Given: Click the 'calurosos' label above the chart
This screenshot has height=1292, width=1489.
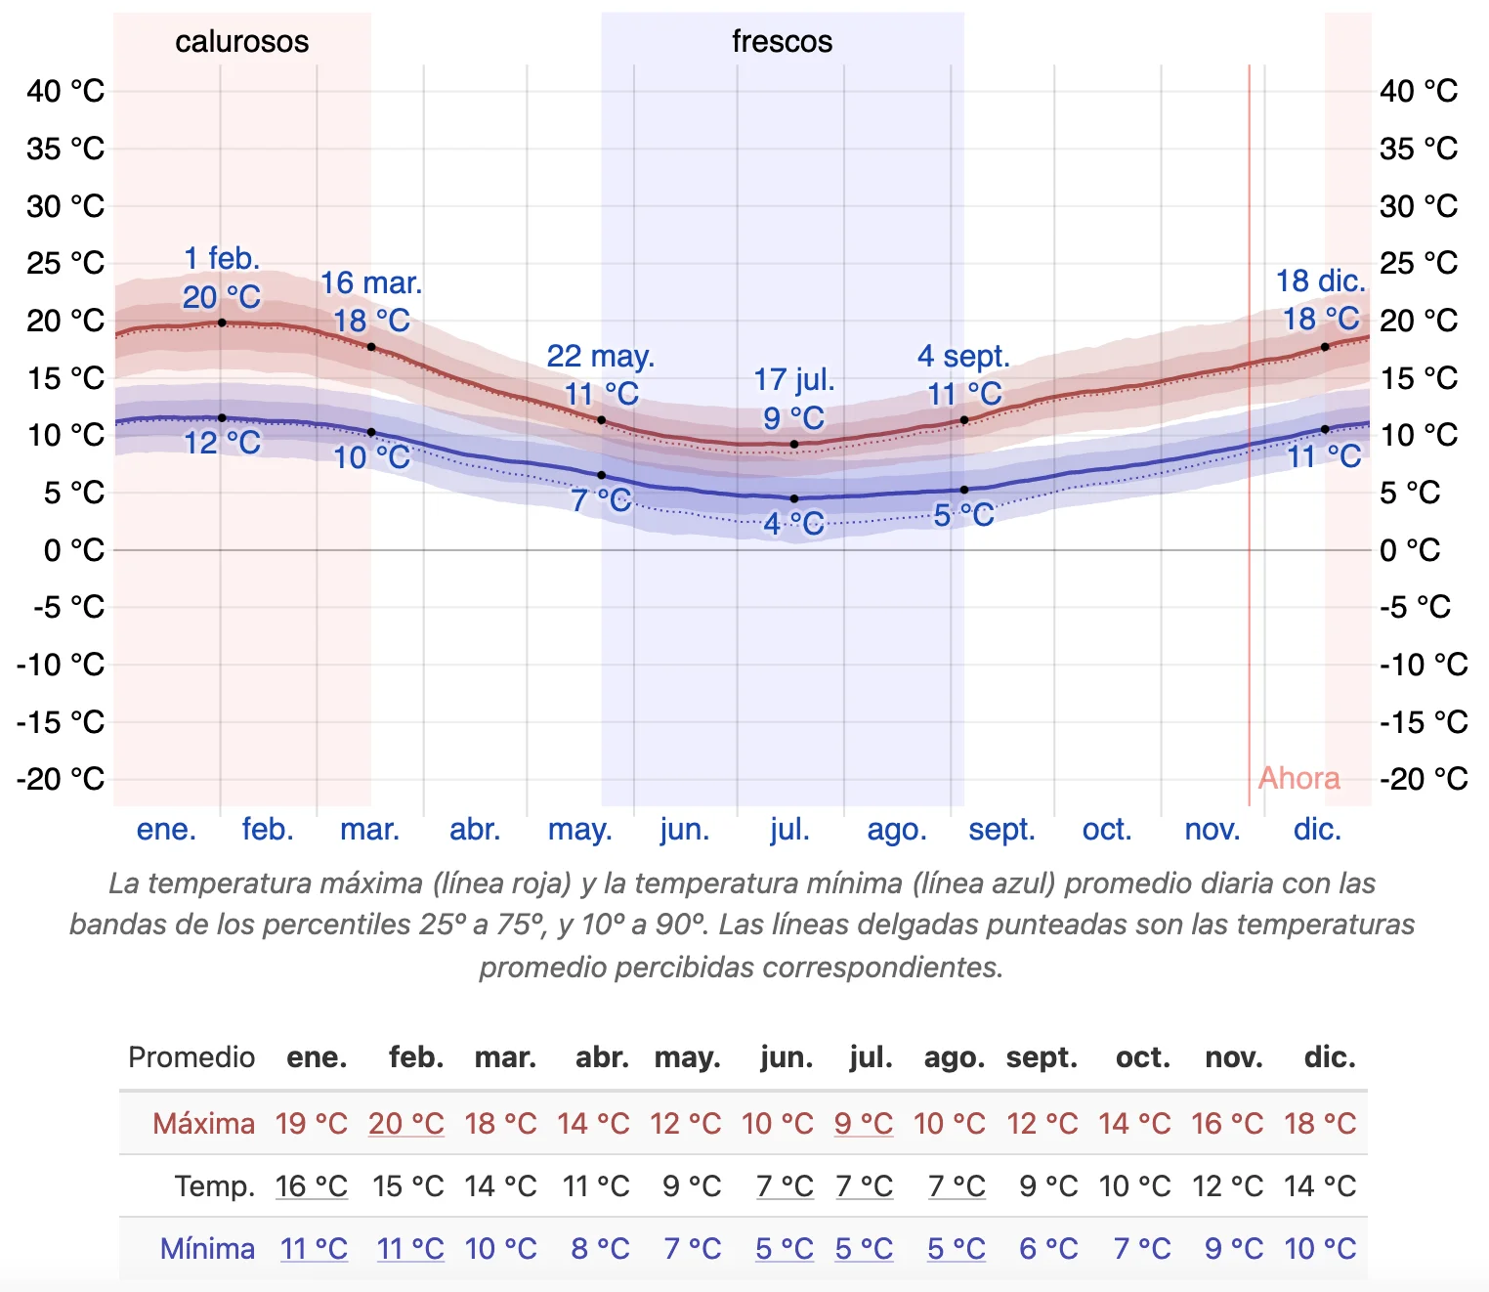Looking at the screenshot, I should pyautogui.click(x=241, y=41).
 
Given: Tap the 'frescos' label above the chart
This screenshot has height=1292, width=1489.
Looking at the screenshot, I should pyautogui.click(x=782, y=41).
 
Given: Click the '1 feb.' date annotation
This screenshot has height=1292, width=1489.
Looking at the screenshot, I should pyautogui.click(x=222, y=259).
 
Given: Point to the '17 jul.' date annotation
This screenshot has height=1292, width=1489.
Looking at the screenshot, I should pyautogui.click(x=793, y=379).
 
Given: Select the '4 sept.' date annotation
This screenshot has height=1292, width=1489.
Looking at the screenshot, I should pyautogui.click(x=963, y=357).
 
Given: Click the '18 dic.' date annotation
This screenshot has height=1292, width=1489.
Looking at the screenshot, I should pyautogui.click(x=1320, y=281).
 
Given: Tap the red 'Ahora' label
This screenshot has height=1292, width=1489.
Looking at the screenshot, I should pyautogui.click(x=1298, y=778).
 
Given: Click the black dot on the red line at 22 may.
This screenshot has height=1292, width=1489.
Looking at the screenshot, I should pyautogui.click(x=601, y=420).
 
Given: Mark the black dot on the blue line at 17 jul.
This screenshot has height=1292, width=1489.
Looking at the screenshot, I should pyautogui.click(x=794, y=498).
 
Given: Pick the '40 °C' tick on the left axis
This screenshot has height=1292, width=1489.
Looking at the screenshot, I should pyautogui.click(x=65, y=91).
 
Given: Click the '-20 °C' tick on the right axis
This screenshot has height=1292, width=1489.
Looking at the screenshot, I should pyautogui.click(x=1424, y=779).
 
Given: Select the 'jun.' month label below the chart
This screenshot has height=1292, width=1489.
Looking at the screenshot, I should pyautogui.click(x=684, y=830).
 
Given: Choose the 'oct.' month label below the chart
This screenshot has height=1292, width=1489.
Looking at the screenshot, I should pyautogui.click(x=1106, y=830).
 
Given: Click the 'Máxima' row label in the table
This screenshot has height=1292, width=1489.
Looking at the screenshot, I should pyautogui.click(x=203, y=1124).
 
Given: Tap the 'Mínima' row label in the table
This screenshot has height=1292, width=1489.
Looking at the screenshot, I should pyautogui.click(x=207, y=1249).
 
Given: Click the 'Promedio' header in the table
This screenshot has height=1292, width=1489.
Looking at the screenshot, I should pyautogui.click(x=191, y=1057).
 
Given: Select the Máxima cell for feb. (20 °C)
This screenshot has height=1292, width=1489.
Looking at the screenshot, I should pyautogui.click(x=406, y=1124).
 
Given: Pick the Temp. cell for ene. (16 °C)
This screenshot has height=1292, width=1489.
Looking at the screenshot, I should pyautogui.click(x=312, y=1186).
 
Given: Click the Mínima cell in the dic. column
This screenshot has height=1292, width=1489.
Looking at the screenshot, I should pyautogui.click(x=1320, y=1249).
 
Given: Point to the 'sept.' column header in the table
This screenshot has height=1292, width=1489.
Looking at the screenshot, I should pyautogui.click(x=1042, y=1057).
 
